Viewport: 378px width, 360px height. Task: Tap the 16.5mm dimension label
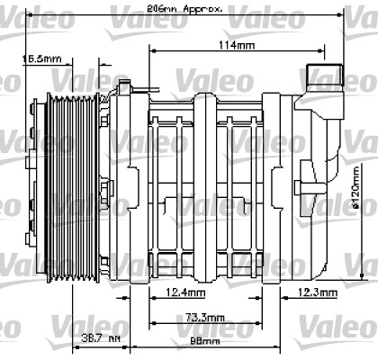pos(42,59)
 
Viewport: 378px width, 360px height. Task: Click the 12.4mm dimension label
pos(186,292)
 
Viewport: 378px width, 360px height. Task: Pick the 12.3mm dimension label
pos(318,292)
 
